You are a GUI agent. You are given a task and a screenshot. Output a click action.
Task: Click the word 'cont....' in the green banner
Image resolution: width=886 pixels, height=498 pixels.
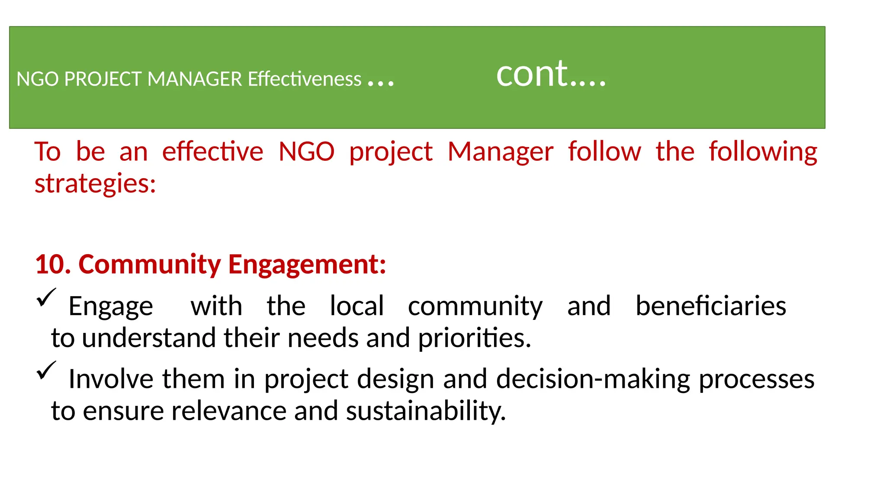pos(551,74)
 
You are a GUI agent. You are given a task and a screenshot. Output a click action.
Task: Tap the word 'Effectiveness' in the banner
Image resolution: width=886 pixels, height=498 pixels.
pos(304,79)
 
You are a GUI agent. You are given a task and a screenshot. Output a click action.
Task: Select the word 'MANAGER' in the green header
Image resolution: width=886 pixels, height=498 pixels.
pos(195,79)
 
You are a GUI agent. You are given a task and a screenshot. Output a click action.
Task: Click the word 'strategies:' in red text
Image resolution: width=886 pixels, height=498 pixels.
pos(95,184)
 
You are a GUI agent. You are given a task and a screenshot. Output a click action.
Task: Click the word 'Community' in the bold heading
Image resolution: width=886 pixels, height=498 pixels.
pos(150,264)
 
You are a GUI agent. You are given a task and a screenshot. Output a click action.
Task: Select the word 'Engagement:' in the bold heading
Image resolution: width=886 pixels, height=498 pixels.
pos(307,264)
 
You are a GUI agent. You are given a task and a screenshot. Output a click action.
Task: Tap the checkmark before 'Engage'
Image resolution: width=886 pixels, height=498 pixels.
pos(46,297)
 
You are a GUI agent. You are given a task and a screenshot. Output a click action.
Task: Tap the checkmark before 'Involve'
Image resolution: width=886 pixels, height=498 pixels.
pos(46,370)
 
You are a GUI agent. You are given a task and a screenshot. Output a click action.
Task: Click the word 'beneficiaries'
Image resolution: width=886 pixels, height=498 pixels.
pos(710,306)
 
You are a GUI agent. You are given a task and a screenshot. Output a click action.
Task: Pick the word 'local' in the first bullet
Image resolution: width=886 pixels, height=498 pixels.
pos(356,306)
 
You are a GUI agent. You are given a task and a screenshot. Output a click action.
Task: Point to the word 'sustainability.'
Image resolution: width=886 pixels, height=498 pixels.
pos(426,411)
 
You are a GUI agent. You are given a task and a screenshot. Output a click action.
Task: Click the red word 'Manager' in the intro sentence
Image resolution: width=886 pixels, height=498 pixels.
pos(500,152)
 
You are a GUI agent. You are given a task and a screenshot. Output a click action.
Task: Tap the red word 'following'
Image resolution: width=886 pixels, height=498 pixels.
pos(763,152)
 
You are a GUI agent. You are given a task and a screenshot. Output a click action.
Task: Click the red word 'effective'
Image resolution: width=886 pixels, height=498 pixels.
pos(212,152)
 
